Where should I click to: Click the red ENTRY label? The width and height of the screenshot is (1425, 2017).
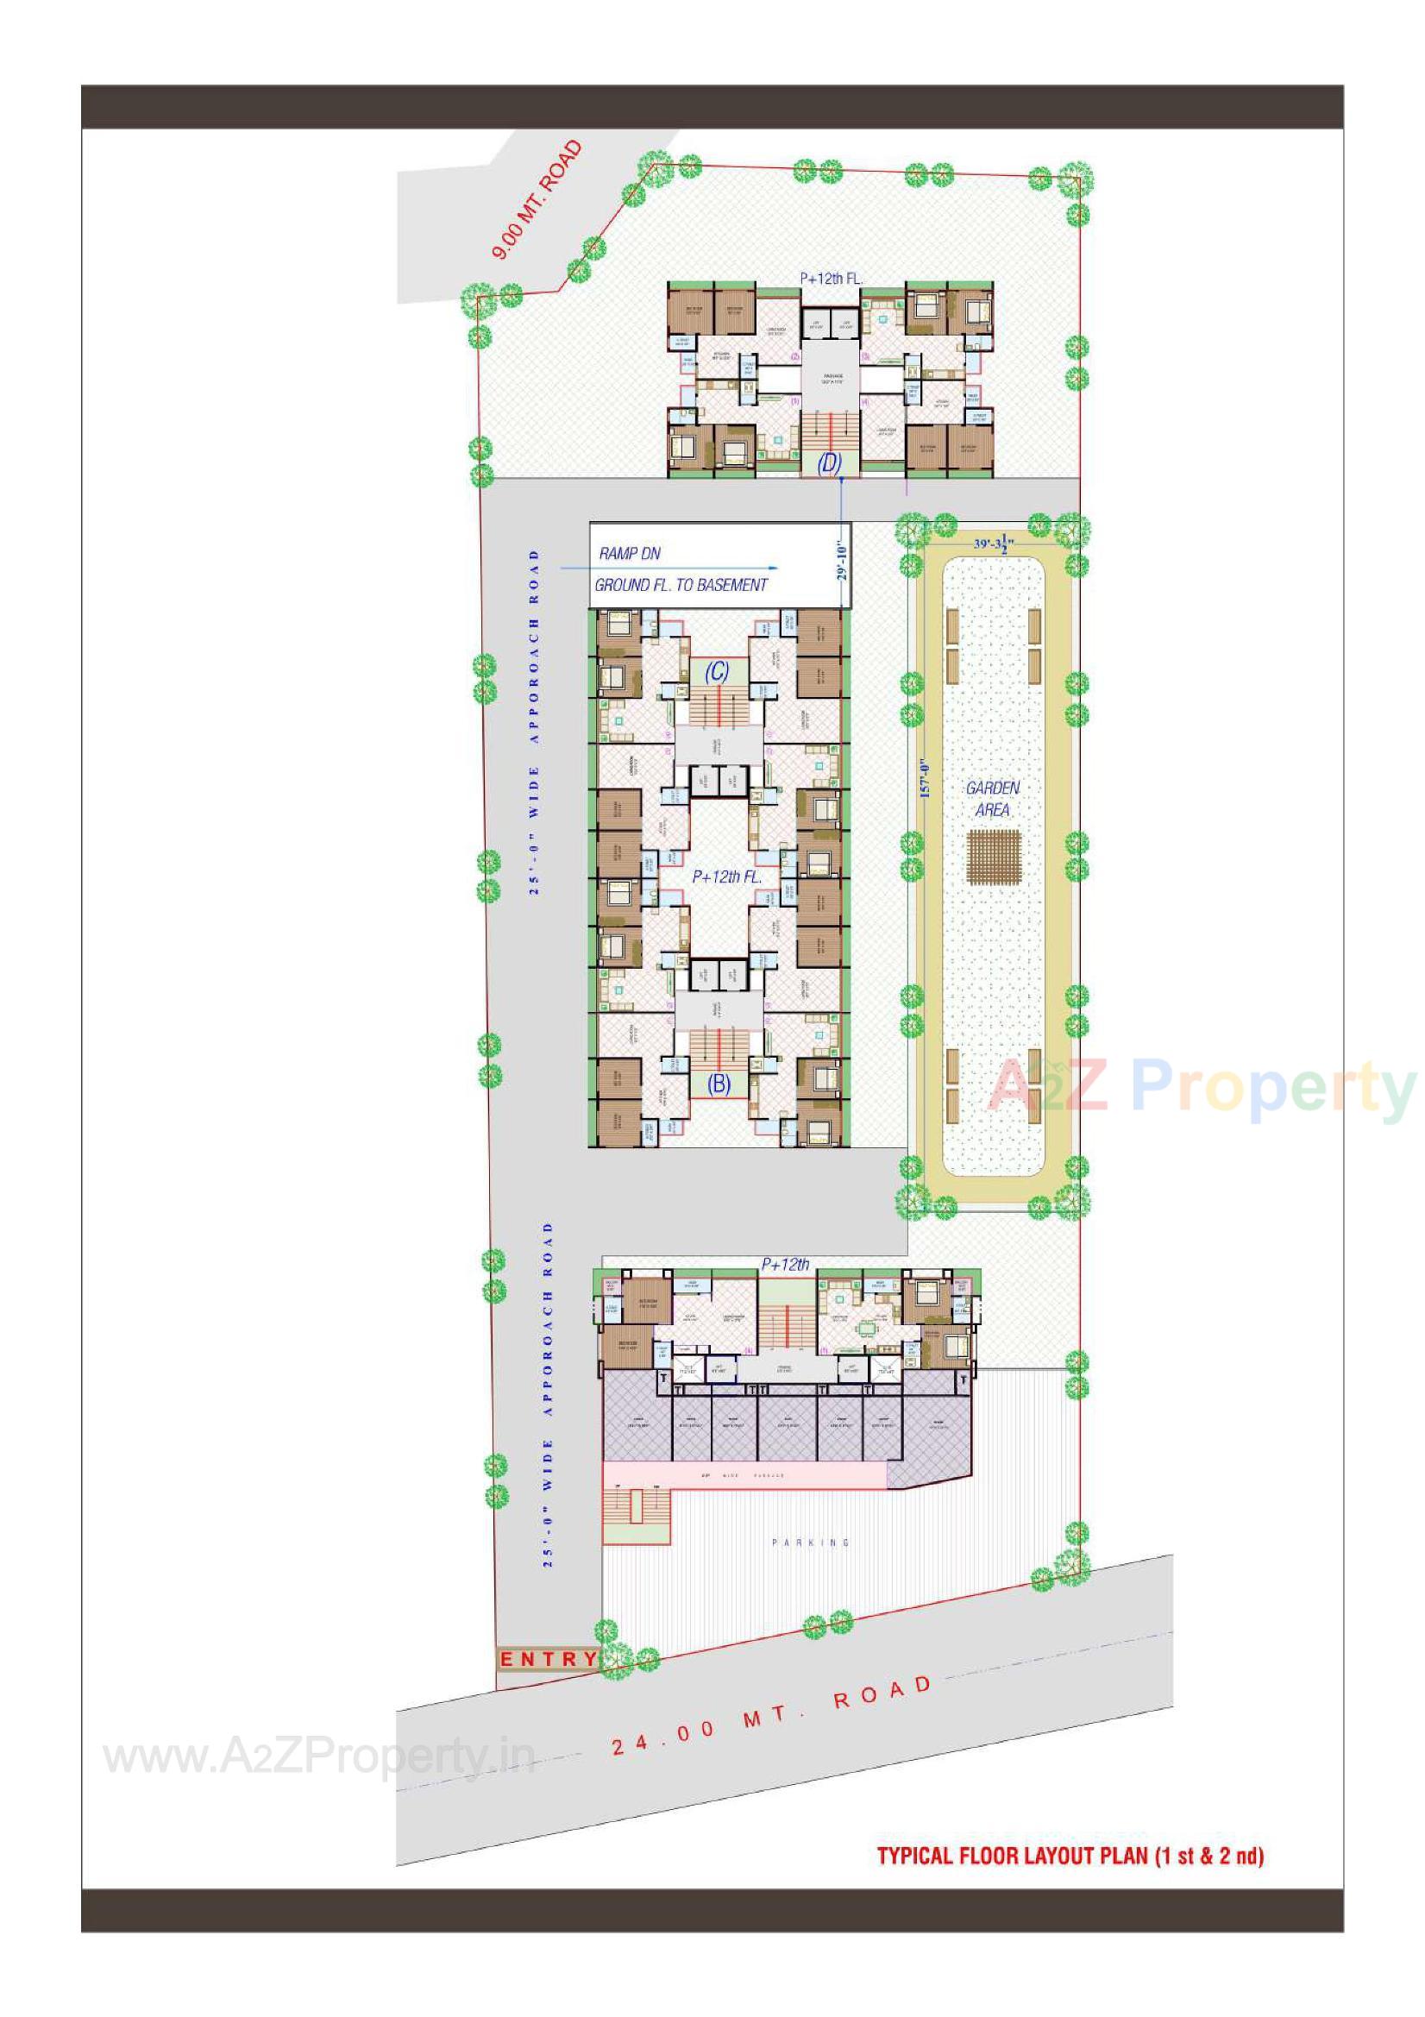[549, 1660]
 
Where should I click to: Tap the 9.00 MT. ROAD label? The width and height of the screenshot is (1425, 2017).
[537, 200]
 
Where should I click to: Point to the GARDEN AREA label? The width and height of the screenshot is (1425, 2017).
[993, 799]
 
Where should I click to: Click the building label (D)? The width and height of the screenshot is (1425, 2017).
[829, 463]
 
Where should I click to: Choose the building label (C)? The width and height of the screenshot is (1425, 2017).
[717, 672]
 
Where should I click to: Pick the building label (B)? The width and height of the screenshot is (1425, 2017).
[719, 1084]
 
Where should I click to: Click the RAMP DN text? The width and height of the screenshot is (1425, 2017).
[629, 554]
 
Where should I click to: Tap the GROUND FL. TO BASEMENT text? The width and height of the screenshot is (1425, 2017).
[681, 585]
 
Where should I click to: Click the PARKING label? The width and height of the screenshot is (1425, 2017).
[810, 1543]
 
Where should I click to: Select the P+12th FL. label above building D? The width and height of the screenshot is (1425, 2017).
[830, 279]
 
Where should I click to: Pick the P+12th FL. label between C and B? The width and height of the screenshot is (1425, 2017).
[726, 877]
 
